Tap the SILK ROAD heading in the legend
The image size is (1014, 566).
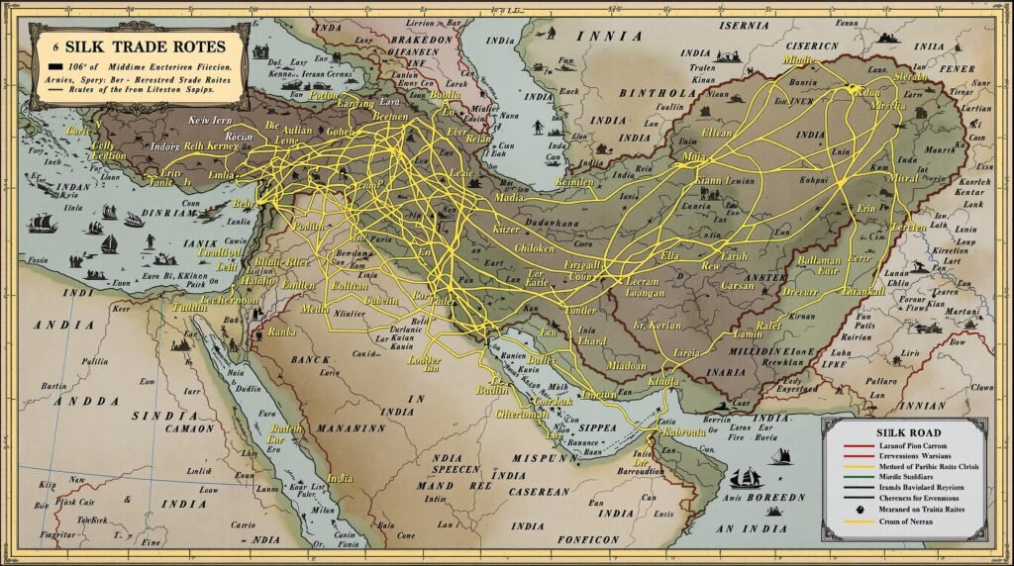901,431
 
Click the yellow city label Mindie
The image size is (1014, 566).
799,60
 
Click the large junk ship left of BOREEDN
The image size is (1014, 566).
746,478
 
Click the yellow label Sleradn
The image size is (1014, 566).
911,76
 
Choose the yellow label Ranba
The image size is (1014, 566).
282,331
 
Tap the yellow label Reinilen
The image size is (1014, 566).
574,183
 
